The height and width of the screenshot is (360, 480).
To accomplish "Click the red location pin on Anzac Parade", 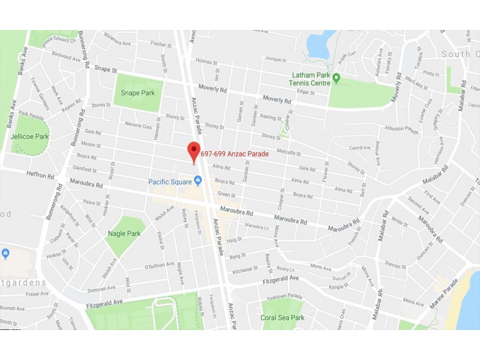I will coord(193,151).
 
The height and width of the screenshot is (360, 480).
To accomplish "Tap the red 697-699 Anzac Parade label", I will coord(234,154).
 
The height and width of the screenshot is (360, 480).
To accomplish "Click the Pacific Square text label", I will coord(170,181).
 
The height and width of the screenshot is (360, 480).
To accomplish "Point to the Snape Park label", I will coord(137,93).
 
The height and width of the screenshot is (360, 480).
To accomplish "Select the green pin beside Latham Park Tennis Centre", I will coord(337,78).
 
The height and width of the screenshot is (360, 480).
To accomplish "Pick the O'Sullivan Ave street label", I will coord(159,264).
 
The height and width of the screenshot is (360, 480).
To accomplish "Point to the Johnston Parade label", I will coord(401,128).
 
